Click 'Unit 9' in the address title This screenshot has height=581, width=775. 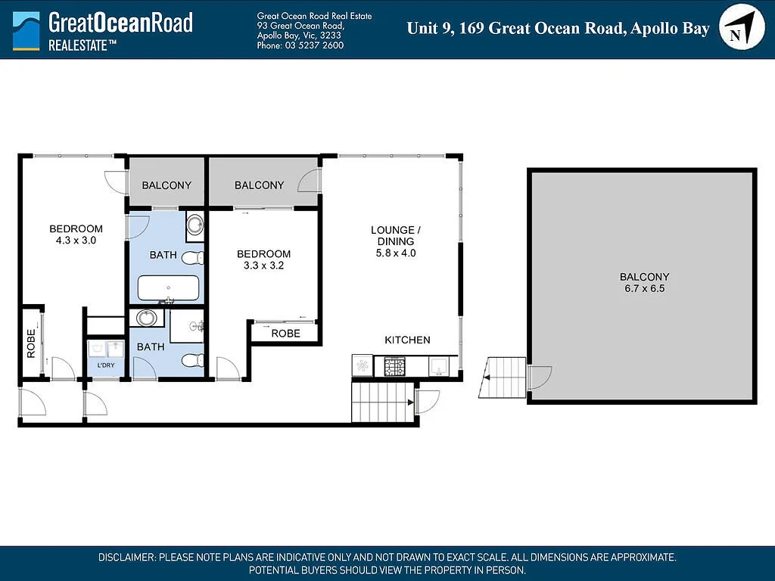(x=428, y=29)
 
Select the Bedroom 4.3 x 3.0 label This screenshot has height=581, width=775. (x=76, y=235)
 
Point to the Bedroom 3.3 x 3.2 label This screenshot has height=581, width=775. (x=263, y=259)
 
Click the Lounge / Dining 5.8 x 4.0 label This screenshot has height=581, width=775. (x=393, y=241)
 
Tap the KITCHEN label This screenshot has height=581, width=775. (x=407, y=340)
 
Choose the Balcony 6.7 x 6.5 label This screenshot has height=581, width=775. (x=644, y=282)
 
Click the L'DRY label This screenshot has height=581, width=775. (x=106, y=365)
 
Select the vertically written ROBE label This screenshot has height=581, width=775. (x=32, y=343)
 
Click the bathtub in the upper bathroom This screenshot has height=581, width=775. (x=168, y=288)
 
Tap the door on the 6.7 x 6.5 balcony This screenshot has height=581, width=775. (x=539, y=377)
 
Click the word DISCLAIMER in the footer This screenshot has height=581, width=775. (x=126, y=558)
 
